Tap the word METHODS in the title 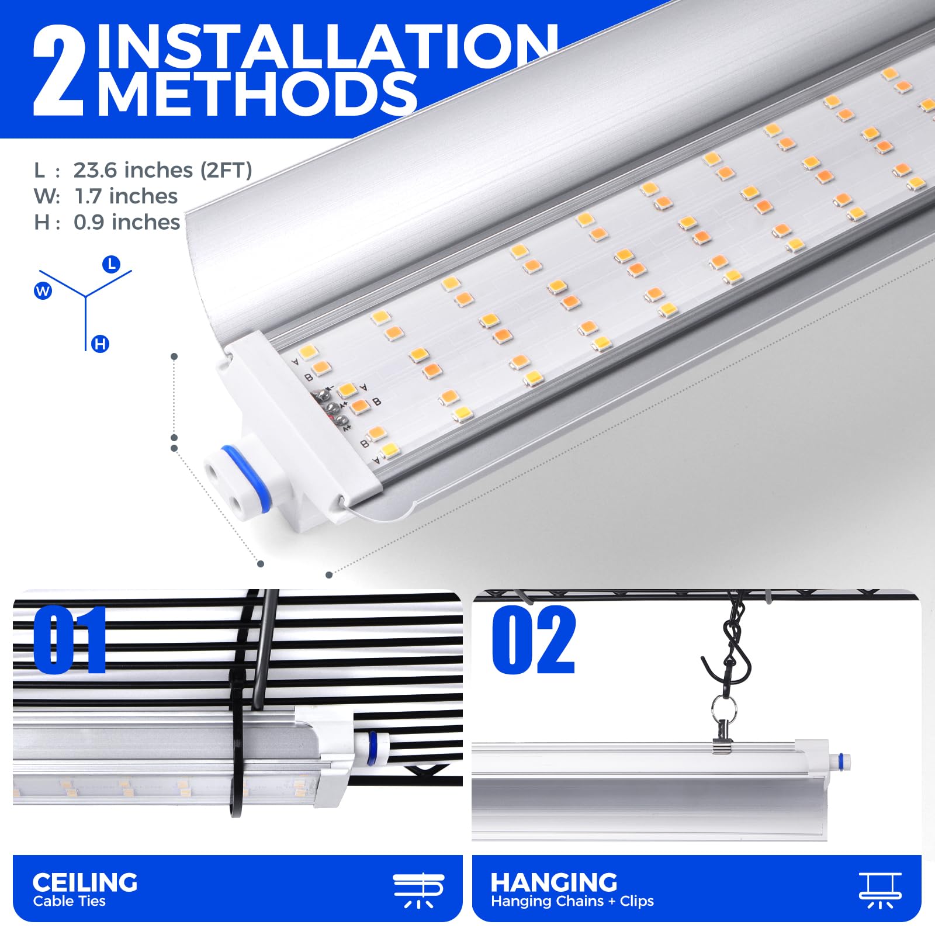tap(257, 93)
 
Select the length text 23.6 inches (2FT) tap(162, 170)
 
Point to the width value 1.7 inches tap(126, 196)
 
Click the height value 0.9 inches tap(127, 222)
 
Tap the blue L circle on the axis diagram tap(111, 264)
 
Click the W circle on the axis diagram tap(43, 290)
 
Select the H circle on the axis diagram tap(100, 344)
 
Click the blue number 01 tap(70, 639)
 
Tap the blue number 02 tap(534, 639)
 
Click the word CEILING tap(85, 882)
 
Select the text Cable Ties tap(69, 901)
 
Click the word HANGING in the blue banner tap(554, 882)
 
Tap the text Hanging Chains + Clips tap(572, 901)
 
